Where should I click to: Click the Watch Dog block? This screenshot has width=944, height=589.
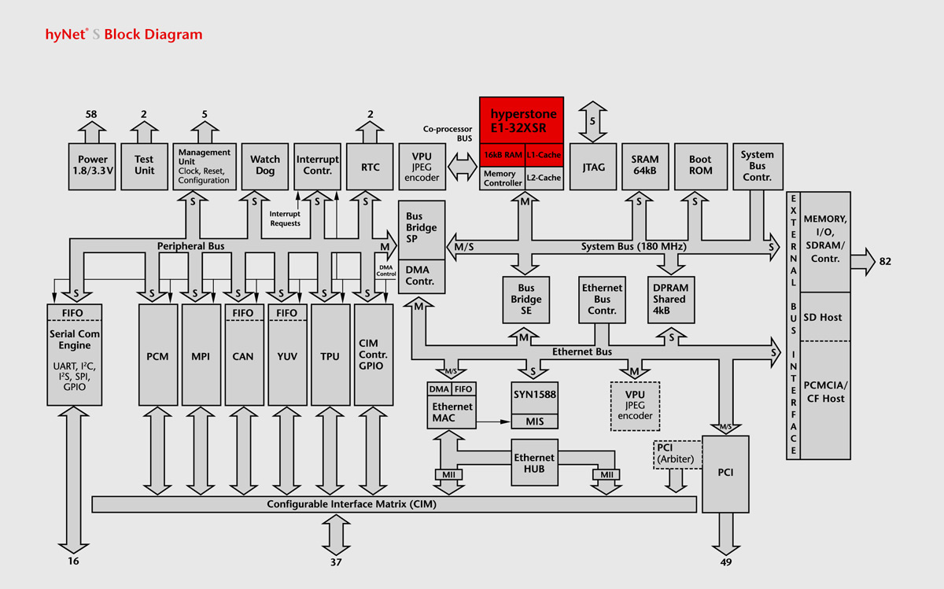(x=265, y=166)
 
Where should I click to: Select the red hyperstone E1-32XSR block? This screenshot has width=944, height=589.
(x=522, y=120)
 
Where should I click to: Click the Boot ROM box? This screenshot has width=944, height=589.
(x=700, y=166)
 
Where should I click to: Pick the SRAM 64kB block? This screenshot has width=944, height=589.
(x=645, y=166)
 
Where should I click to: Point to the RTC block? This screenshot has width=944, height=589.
(x=370, y=166)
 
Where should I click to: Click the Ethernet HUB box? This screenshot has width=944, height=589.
(x=534, y=463)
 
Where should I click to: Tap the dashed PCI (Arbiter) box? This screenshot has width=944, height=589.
(x=676, y=454)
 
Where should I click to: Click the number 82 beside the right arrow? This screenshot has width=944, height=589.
(x=885, y=261)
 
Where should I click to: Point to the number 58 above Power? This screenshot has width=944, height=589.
(x=91, y=114)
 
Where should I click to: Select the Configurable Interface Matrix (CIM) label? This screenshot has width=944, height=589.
(x=351, y=504)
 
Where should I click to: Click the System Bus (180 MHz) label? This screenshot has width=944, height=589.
(x=634, y=246)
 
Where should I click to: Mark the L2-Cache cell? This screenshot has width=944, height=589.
(x=543, y=178)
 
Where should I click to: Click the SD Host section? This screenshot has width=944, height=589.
(x=823, y=318)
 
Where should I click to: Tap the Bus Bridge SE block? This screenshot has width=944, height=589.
(x=526, y=299)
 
